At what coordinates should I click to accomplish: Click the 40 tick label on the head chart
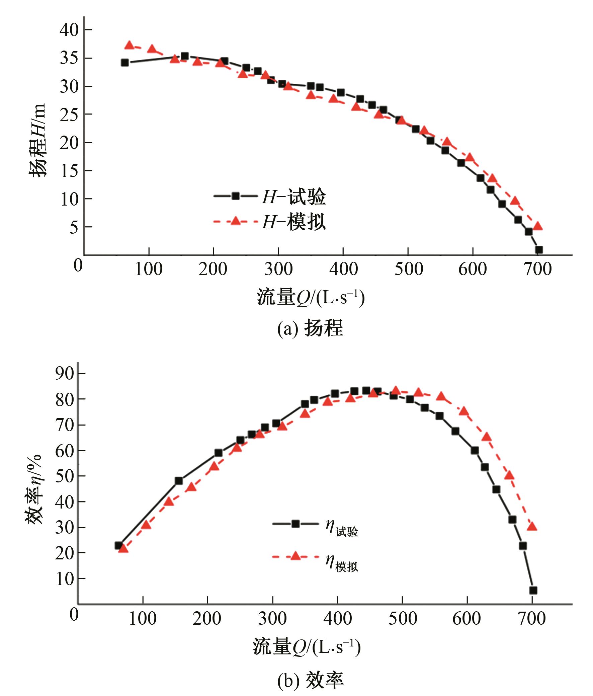coord(69,30)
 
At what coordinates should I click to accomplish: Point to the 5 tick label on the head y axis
coord(74,227)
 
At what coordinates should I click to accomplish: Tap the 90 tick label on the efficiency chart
coord(65,373)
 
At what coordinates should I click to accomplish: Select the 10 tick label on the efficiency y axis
coord(65,579)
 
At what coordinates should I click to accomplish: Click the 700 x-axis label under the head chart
coord(537,269)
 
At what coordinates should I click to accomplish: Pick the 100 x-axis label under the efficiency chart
coord(143,619)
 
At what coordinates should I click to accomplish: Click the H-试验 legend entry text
coord(293,197)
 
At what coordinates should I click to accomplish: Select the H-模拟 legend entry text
coord(293,222)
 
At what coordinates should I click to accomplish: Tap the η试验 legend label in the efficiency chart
coord(341,528)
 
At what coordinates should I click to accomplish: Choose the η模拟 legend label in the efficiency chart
coord(341,563)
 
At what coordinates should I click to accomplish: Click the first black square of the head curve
coord(125,63)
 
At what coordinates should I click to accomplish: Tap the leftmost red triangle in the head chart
coord(129,45)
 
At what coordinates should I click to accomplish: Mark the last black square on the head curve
coord(539,250)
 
